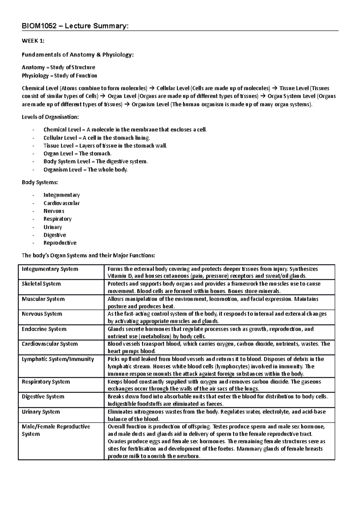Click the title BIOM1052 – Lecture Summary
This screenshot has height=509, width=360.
tap(75, 26)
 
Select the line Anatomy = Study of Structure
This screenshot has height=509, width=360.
tap(58, 67)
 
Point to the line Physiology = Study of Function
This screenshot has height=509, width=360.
tap(59, 76)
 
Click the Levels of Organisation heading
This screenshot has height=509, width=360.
tap(50, 117)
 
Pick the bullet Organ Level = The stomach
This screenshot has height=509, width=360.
tap(77, 153)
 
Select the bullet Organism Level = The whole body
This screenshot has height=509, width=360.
tap(85, 170)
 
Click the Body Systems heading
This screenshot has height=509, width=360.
tap(40, 182)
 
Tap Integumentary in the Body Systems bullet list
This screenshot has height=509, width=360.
tap(61, 195)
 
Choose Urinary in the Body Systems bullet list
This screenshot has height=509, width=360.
tap(53, 227)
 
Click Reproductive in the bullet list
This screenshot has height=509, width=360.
tap(60, 243)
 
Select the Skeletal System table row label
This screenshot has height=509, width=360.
tap(41, 284)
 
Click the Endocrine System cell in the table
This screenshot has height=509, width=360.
tap(44, 329)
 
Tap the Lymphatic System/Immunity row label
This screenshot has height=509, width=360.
tap(58, 359)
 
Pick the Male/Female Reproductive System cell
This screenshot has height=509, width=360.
tap(56, 430)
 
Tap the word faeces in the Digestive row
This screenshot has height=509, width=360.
tap(215, 404)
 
